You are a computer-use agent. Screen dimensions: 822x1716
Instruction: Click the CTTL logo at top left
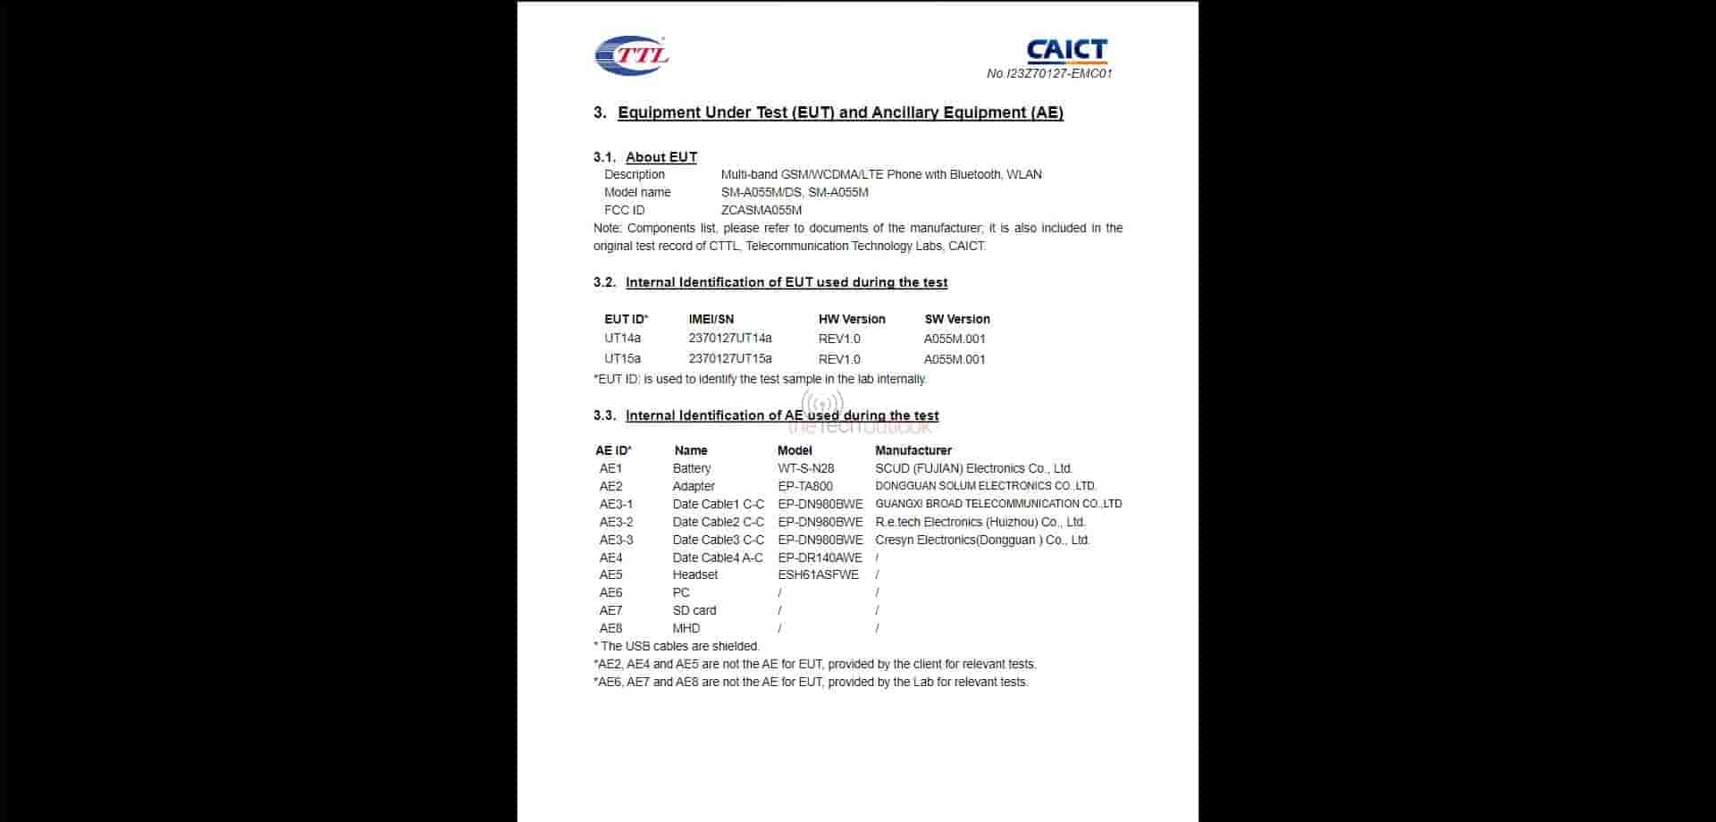(x=631, y=55)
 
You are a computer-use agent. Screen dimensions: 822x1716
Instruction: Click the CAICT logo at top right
(x=1066, y=50)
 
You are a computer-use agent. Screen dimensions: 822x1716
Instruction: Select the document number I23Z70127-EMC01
(x=1049, y=74)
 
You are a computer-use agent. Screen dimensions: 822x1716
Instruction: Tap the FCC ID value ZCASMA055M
(x=761, y=211)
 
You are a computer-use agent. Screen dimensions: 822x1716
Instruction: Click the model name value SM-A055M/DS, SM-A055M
(x=795, y=193)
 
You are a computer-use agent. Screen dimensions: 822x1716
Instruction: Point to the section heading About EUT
(x=660, y=157)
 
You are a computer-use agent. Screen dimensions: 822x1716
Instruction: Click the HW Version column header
(x=852, y=319)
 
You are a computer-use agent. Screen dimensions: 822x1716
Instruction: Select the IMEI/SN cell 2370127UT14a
(x=730, y=339)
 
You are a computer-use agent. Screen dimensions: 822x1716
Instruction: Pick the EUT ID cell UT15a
(x=622, y=359)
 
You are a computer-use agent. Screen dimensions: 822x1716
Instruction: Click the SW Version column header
(x=957, y=319)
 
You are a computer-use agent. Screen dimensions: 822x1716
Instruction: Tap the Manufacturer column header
(x=913, y=450)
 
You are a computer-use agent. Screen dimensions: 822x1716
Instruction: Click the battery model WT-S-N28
(x=806, y=468)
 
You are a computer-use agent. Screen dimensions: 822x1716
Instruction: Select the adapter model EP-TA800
(x=805, y=486)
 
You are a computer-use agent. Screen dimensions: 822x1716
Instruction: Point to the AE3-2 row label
(x=616, y=522)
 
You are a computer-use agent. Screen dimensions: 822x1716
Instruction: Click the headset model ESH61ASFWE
(x=818, y=575)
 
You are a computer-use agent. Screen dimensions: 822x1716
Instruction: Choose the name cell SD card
(x=694, y=610)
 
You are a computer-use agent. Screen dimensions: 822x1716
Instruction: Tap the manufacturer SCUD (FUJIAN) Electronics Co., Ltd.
(x=974, y=468)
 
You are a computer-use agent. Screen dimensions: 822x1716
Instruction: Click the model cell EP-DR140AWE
(x=820, y=558)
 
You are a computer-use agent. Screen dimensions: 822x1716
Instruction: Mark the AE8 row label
(x=611, y=628)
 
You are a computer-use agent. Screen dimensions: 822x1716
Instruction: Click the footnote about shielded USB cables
(x=677, y=646)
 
